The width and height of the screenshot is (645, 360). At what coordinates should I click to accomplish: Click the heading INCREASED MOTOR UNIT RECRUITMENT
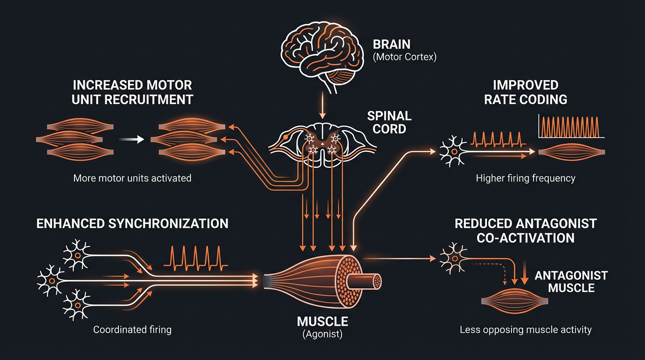click(x=133, y=92)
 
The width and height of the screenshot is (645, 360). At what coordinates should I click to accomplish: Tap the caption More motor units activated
click(x=132, y=178)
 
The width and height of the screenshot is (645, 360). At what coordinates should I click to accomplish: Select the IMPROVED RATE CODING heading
click(x=525, y=92)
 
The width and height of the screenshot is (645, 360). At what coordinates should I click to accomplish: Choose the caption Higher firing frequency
click(x=525, y=178)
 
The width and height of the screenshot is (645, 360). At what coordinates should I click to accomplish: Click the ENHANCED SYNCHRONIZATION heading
click(x=132, y=223)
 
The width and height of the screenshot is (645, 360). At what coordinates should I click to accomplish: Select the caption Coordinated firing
click(x=132, y=330)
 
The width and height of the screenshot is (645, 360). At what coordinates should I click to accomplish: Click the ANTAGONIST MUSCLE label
click(x=571, y=281)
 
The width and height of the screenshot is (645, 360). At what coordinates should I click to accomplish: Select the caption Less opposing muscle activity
click(x=525, y=330)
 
